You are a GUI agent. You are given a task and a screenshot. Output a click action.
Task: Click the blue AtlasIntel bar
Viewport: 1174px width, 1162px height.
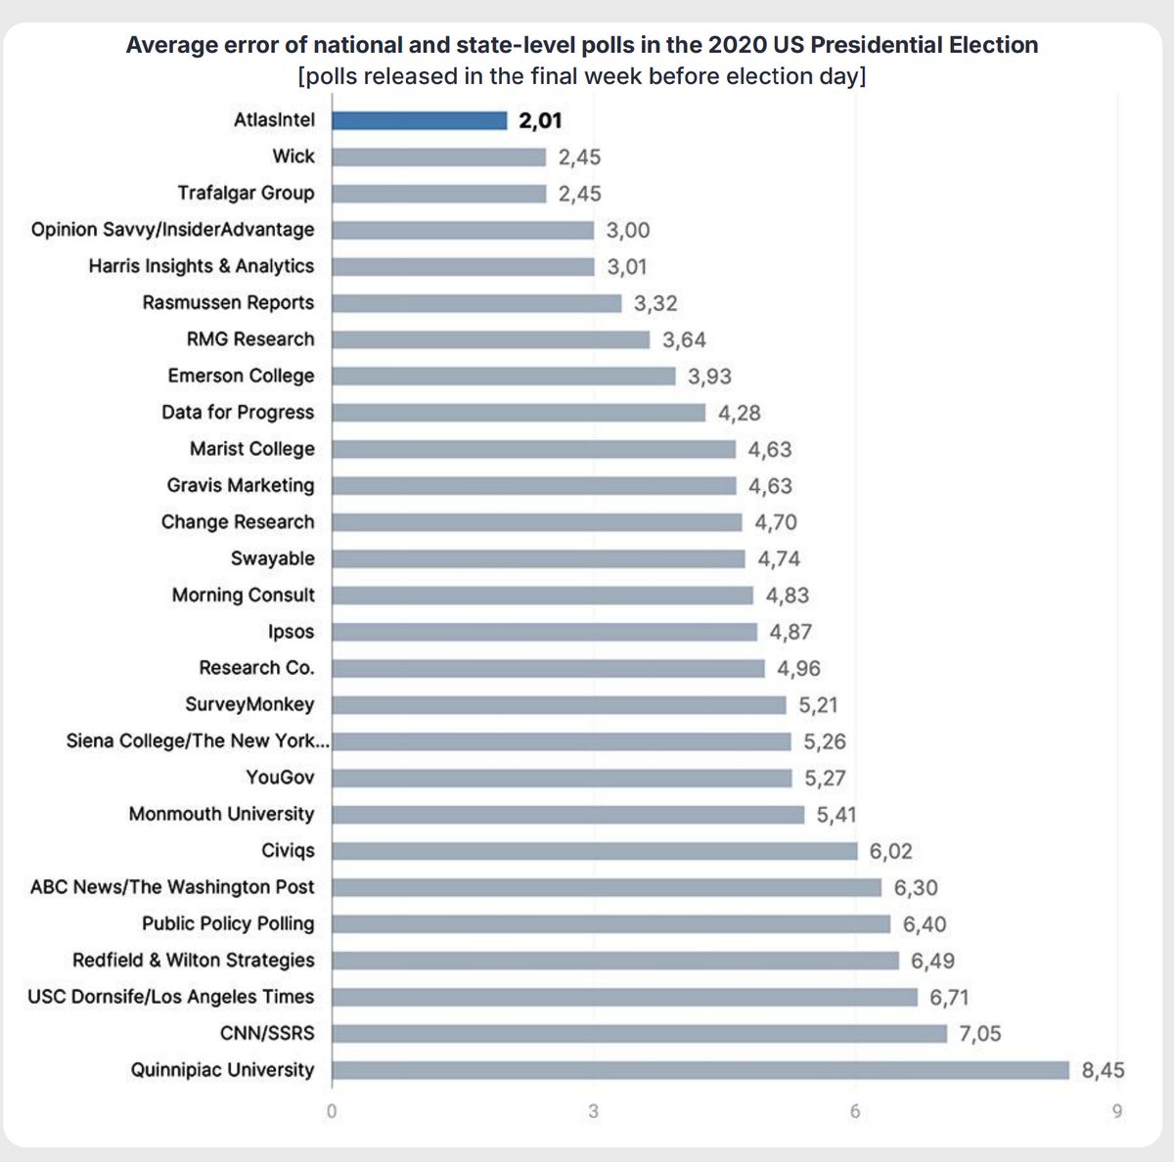(419, 120)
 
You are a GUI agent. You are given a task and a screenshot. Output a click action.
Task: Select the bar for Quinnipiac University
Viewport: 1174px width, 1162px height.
(700, 1070)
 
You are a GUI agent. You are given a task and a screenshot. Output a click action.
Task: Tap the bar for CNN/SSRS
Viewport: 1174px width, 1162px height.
(639, 1034)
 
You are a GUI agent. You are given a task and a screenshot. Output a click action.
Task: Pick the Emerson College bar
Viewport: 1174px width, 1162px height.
(503, 377)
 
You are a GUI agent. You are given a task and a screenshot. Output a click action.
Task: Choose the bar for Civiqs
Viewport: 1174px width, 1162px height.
(594, 851)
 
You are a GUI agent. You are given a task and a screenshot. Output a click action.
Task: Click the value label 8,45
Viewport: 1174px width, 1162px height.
(1103, 1071)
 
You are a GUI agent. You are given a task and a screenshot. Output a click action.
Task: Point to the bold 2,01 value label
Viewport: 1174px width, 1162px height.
(541, 121)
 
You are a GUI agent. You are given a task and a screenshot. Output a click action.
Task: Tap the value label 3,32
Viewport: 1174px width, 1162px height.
(655, 303)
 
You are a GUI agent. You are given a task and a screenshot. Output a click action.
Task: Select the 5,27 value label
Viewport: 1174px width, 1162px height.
(825, 779)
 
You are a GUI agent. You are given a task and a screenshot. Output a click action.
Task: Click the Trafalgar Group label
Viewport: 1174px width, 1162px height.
(246, 193)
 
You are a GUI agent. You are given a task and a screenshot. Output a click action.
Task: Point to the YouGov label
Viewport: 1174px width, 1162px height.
(280, 778)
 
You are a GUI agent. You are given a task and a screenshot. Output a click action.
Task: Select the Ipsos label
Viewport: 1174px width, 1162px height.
(292, 632)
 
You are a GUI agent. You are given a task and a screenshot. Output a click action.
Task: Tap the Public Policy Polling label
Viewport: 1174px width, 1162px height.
(228, 923)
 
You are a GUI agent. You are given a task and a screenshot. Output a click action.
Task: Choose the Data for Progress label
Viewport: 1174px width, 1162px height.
(238, 413)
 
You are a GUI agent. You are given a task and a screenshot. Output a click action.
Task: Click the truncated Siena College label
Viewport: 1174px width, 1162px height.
(198, 740)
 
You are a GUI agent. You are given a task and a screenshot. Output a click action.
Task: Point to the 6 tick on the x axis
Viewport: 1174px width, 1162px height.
(855, 1112)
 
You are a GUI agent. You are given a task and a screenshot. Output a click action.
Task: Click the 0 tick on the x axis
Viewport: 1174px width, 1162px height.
(332, 1112)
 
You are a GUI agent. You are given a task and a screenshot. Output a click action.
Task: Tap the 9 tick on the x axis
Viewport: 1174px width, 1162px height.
(1116, 1112)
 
